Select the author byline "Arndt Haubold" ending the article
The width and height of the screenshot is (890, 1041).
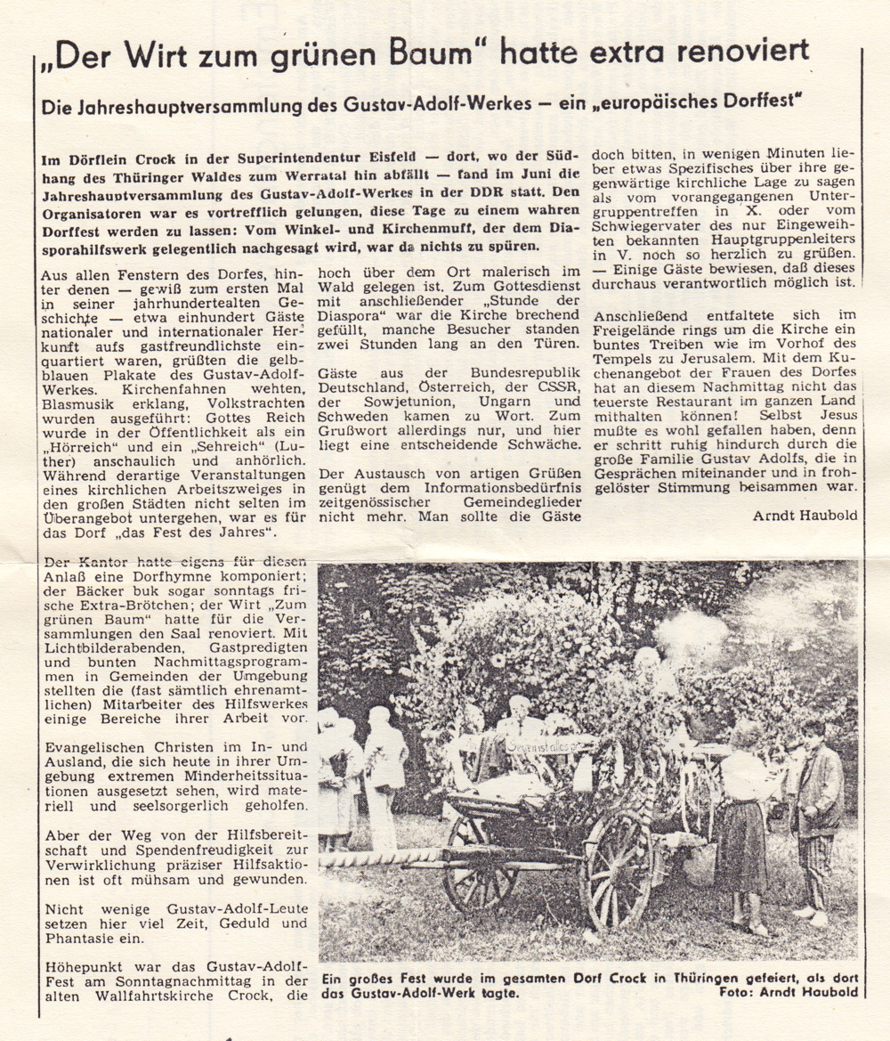pyautogui.click(x=805, y=515)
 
